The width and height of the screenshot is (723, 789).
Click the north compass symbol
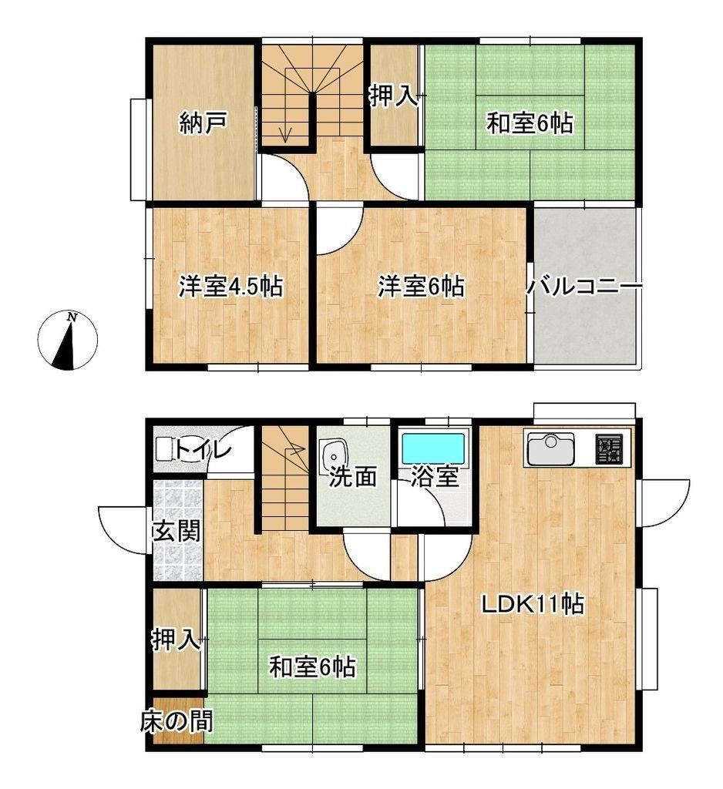coord(68,341)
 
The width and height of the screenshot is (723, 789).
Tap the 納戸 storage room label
coord(203,123)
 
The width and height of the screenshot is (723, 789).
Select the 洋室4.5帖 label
coord(230,287)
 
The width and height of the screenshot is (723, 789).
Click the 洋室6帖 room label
coord(421,287)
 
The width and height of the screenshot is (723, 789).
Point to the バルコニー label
coord(584,287)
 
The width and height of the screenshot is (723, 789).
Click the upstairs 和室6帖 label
coord(530,123)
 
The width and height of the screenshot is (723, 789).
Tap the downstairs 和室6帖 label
coord(312,668)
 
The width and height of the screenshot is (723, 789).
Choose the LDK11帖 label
coord(533,604)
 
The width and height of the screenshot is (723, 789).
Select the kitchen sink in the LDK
coord(551,449)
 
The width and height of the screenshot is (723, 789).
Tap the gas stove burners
coord(609,448)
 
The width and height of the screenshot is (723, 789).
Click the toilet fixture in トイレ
coord(163,449)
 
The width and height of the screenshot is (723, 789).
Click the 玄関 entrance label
coord(177,531)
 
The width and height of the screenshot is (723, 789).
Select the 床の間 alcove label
coord(177,721)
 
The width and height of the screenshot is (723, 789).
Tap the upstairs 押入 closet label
coord(394,96)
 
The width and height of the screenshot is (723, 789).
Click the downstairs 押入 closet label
coord(177,640)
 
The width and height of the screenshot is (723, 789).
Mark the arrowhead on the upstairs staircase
coord(285,136)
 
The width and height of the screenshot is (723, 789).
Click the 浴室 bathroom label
coord(435,476)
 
